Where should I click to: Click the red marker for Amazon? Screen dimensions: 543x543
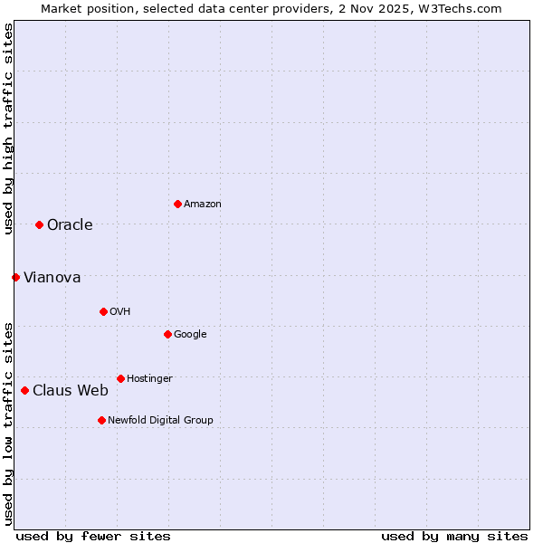click(177, 204)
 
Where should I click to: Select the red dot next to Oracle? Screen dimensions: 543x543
click(39, 224)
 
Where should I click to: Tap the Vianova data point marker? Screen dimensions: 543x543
click(15, 277)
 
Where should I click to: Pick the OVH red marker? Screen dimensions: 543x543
click(103, 311)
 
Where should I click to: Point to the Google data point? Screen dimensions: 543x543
click(167, 334)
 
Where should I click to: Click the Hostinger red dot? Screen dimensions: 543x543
click(120, 378)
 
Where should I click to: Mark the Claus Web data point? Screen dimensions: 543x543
click(24, 390)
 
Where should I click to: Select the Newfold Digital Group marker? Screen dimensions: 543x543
click(101, 420)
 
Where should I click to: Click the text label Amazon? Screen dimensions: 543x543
click(203, 205)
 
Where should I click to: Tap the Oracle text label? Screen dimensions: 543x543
click(70, 225)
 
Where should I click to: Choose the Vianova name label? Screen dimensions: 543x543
click(52, 278)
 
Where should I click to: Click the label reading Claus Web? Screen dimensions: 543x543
click(71, 391)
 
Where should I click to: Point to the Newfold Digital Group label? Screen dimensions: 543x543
click(160, 421)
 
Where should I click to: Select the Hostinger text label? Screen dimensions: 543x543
click(149, 379)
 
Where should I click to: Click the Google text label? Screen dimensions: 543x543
click(190, 335)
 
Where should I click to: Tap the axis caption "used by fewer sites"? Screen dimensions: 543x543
click(93, 536)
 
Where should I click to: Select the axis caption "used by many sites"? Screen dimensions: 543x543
click(454, 536)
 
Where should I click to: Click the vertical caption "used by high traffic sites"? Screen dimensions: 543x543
click(8, 129)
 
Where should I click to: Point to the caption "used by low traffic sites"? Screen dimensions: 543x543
click(8, 423)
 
